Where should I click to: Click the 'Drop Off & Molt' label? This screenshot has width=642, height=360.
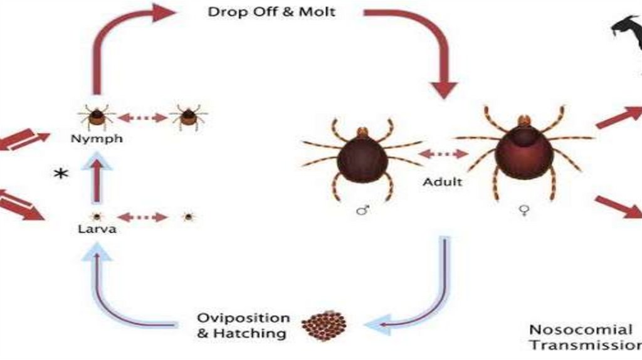point(271,12)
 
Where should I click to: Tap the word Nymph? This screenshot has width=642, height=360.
point(97,139)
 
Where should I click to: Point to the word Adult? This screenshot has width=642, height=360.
point(443,182)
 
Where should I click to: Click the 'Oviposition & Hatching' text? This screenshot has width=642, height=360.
point(243,326)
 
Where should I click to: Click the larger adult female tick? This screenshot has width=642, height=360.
point(524,151)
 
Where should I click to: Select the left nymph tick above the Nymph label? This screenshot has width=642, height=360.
point(97,117)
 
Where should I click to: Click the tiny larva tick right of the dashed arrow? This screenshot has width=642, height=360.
point(187,217)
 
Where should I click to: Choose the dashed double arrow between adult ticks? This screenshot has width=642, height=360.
point(443,154)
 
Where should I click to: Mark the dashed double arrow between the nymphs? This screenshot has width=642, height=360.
point(142,117)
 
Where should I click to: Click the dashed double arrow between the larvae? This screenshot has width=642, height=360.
point(142,217)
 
